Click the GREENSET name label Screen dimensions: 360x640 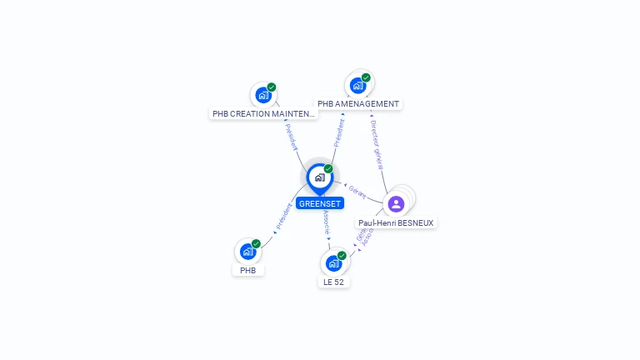[x=319, y=203]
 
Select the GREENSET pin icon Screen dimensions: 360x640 [x=319, y=177]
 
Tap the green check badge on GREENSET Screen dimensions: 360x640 [x=328, y=169]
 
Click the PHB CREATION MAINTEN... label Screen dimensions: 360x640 [x=263, y=113]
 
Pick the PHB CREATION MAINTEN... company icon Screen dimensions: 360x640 [x=263, y=95]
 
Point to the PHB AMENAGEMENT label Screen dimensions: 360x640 [x=358, y=104]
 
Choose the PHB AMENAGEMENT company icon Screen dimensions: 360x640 [x=357, y=85]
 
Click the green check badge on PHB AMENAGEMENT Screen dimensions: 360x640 [x=366, y=77]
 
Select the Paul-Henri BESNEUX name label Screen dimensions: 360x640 [x=396, y=222]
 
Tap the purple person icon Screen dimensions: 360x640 [x=396, y=203]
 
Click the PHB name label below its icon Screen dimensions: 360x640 [x=247, y=270]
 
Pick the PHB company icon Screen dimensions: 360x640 [x=247, y=251]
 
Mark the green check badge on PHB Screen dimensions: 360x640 [x=256, y=243]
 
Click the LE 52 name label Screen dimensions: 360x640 [x=333, y=282]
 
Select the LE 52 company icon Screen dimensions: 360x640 [x=333, y=263]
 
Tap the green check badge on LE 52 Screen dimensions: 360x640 [x=342, y=256]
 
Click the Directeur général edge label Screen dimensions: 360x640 [x=377, y=144]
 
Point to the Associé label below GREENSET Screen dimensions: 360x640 [x=325, y=220]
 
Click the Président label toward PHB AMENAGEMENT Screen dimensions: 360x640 [x=339, y=133]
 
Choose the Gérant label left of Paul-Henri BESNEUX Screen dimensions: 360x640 [x=357, y=191]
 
